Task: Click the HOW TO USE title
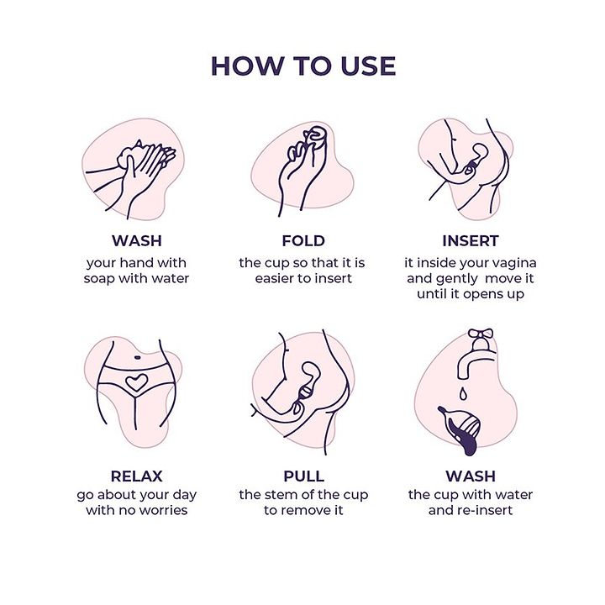[303, 66]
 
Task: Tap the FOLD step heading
[303, 241]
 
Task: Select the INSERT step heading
[471, 241]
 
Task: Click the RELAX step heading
[137, 476]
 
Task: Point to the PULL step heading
[303, 476]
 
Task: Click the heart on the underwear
[136, 382]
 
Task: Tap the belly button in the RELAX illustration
[137, 357]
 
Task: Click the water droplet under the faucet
[463, 393]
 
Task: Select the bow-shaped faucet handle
[481, 333]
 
